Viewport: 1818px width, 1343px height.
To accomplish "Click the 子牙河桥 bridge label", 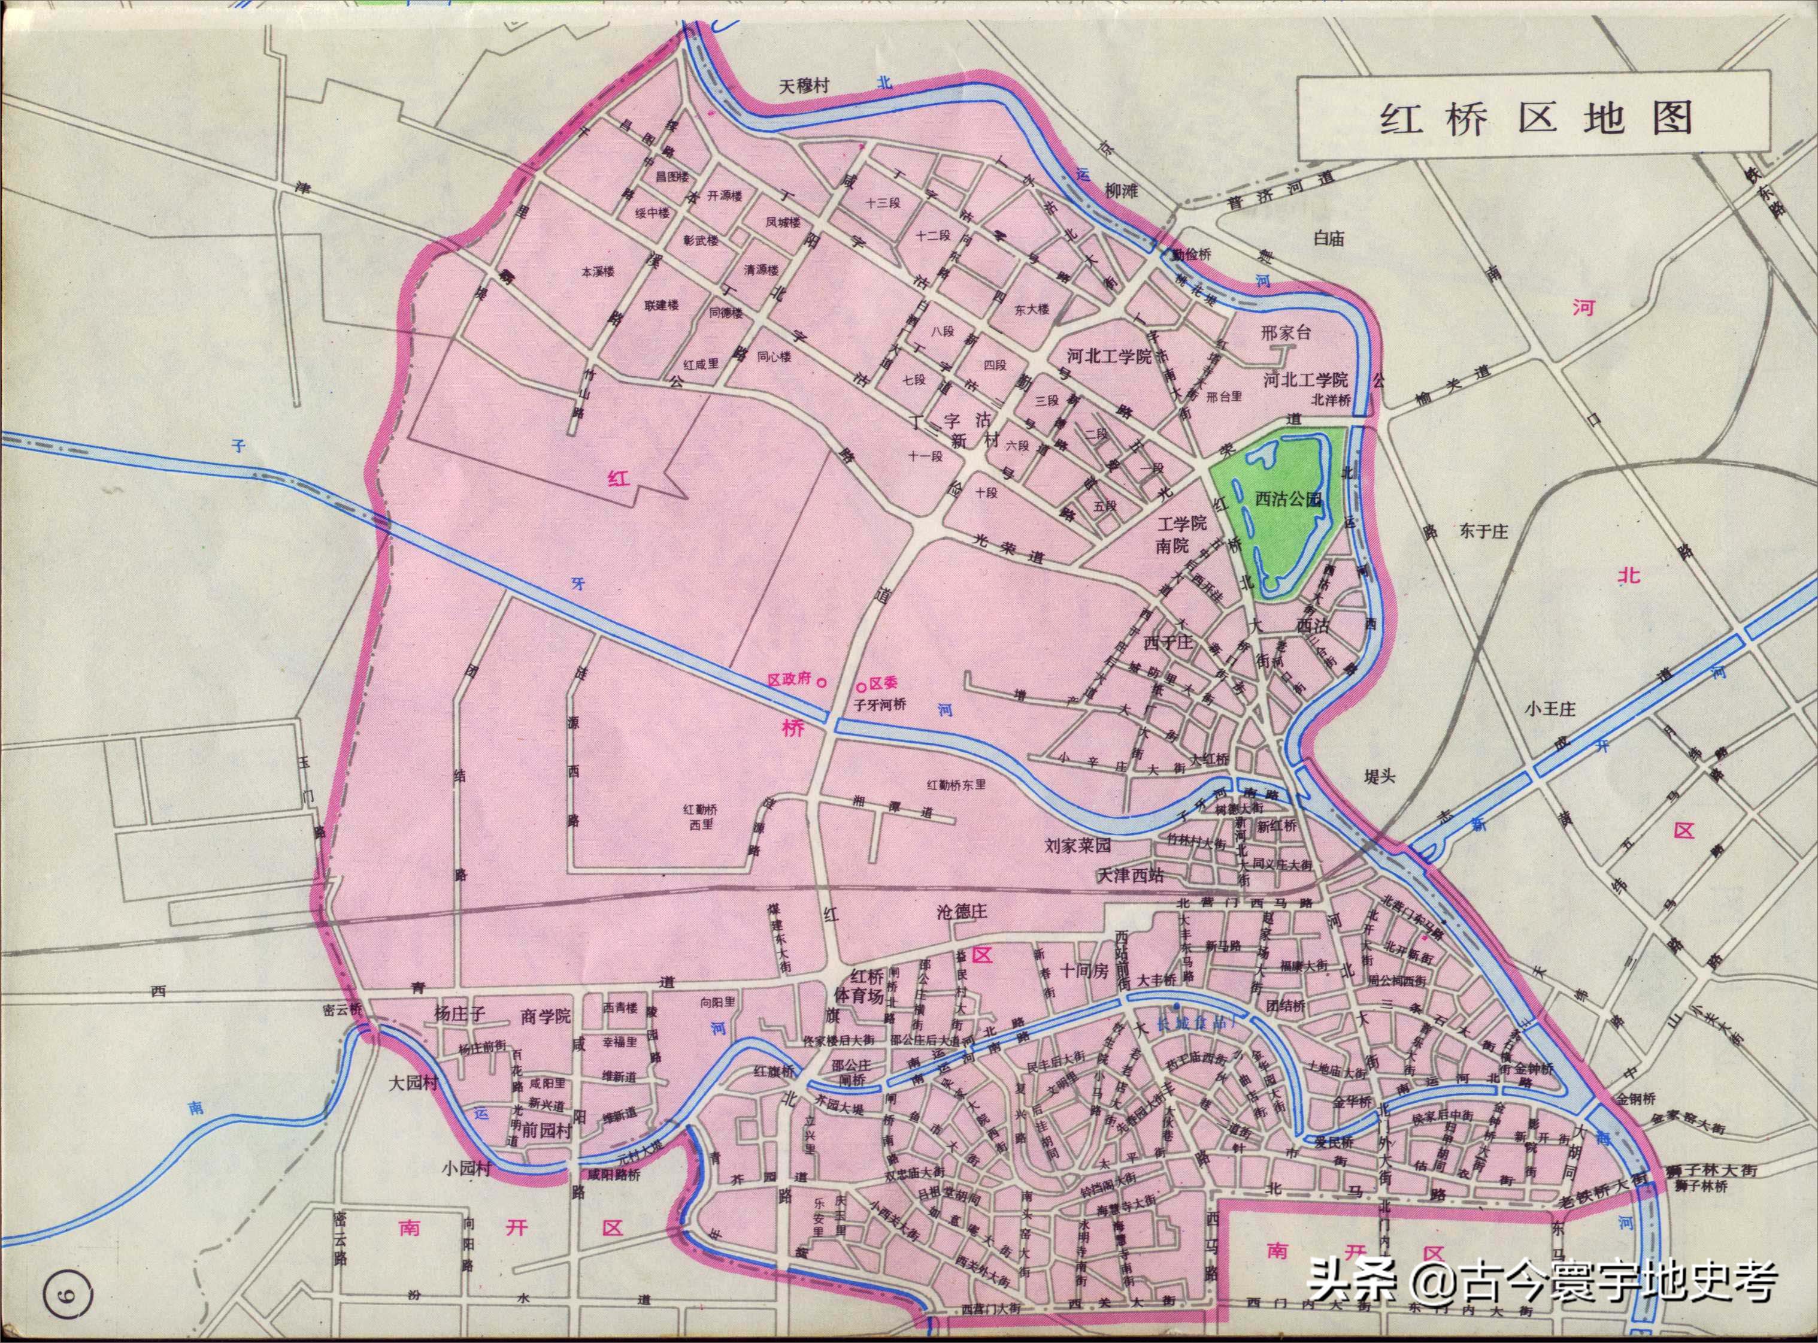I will pos(878,705).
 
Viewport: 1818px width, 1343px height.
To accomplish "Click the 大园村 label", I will pos(414,1084).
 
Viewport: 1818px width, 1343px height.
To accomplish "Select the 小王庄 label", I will pos(1550,709).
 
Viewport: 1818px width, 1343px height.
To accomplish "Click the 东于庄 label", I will pos(1483,532).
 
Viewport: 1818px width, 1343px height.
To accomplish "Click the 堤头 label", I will pos(1379,776).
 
